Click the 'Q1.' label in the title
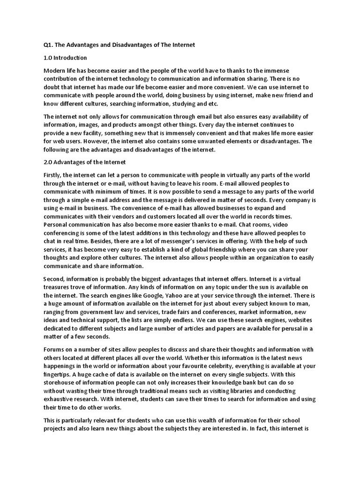tap(48, 45)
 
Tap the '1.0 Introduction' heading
tap(65, 58)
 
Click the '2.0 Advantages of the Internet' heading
tap(85, 162)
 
